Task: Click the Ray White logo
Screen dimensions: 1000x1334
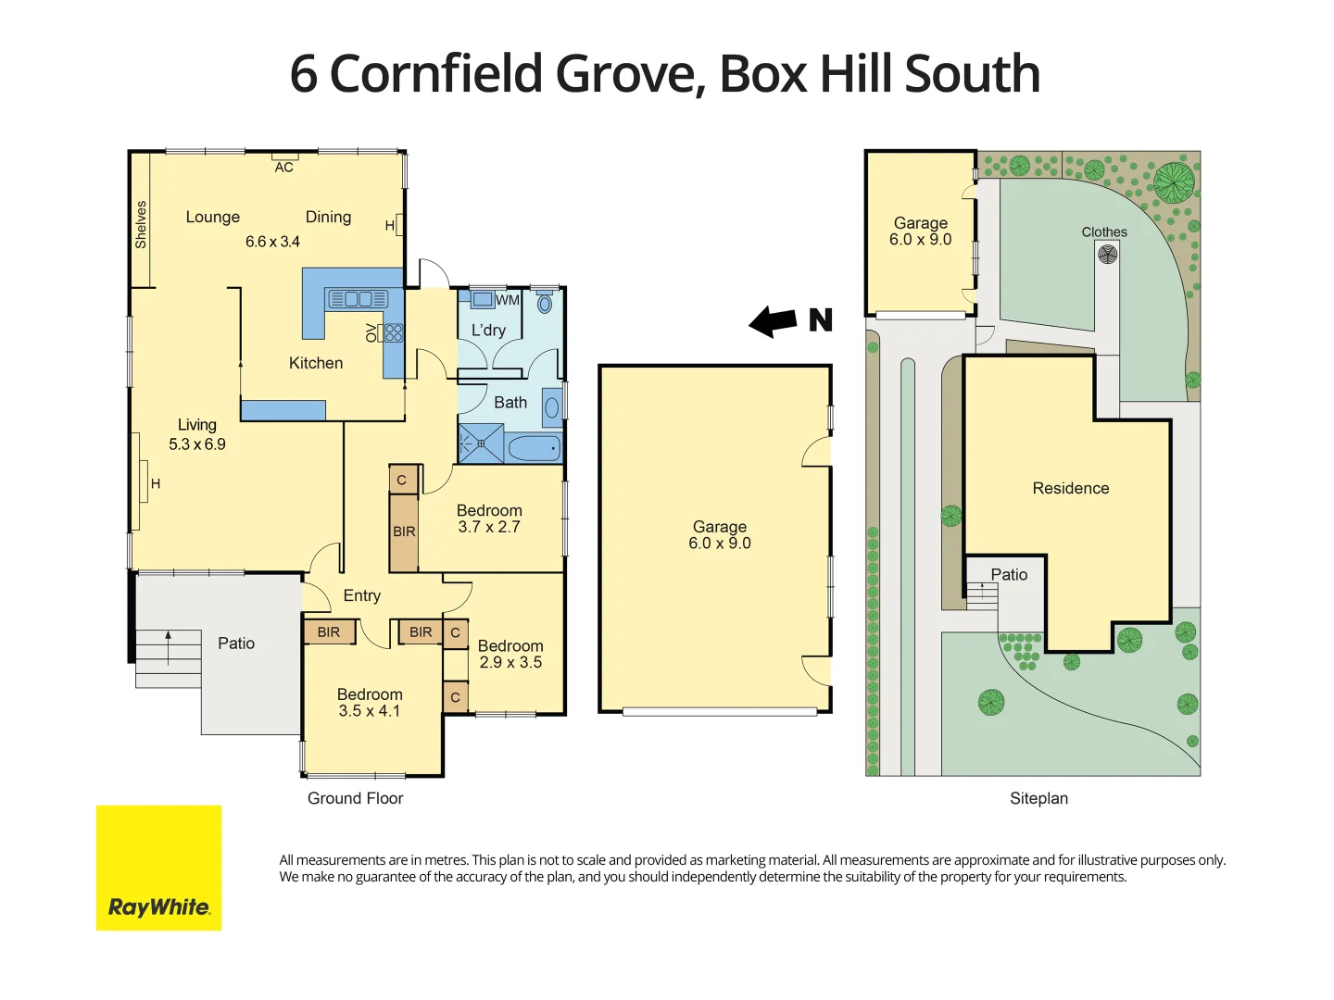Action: tap(158, 868)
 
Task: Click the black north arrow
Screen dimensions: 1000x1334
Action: tap(774, 321)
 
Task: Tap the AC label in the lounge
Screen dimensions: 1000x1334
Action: tap(283, 168)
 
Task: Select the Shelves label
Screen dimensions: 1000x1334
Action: tap(141, 224)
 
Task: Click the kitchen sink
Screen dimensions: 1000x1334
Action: tap(358, 299)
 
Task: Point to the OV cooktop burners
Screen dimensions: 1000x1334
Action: tap(394, 331)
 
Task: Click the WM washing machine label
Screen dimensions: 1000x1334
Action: tap(508, 300)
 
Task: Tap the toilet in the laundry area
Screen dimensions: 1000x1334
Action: tap(545, 302)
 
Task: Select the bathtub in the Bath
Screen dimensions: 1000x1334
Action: tap(534, 449)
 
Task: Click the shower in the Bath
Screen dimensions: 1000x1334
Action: tap(481, 444)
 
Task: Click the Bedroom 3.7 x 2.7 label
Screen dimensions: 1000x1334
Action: tap(489, 519)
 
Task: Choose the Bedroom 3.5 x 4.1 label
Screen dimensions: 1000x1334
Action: tap(370, 703)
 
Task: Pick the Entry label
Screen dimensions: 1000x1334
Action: tap(361, 595)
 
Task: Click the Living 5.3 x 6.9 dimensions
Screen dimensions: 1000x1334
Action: tap(197, 444)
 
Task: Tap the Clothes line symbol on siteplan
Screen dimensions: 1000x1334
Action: tap(1107, 253)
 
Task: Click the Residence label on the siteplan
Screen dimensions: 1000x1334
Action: tap(1070, 488)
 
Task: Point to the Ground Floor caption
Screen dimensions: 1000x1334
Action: tap(355, 798)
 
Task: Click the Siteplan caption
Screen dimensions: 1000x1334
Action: tap(1038, 798)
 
